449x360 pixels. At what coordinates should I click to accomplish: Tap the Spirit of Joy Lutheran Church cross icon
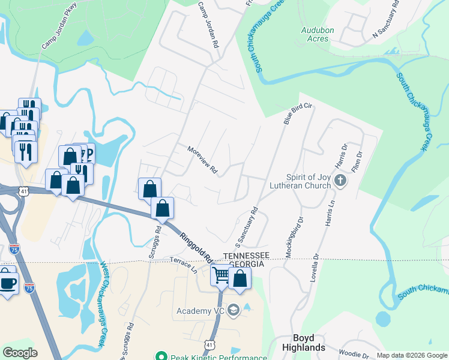click(340, 180)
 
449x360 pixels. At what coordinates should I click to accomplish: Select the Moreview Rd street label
click(202, 160)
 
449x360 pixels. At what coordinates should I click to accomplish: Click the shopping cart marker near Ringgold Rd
click(221, 275)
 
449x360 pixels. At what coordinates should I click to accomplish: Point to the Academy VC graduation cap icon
click(234, 311)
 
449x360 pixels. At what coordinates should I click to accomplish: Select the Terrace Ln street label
click(183, 265)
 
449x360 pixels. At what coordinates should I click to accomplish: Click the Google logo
click(20, 353)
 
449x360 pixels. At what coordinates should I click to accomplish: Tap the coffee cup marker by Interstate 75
click(8, 283)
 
